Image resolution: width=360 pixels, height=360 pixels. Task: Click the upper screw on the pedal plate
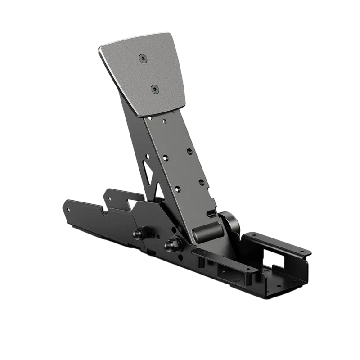click(143, 57)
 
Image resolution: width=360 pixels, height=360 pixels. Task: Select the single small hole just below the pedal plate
click(166, 121)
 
